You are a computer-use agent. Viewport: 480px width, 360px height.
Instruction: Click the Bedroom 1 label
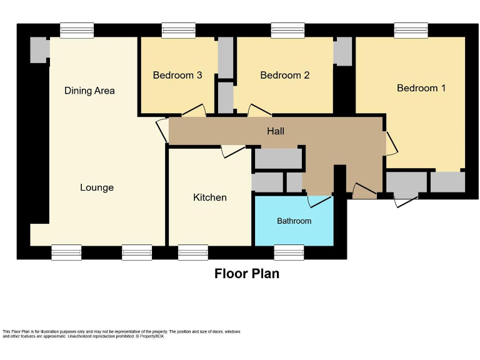tap(421, 88)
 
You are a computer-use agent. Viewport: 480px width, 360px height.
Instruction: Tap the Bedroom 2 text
tap(285, 75)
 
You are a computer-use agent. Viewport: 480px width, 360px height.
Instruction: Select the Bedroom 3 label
tap(177, 75)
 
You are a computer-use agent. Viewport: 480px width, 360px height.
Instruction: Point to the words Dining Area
tap(89, 91)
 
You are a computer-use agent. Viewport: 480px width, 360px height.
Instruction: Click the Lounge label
tap(97, 187)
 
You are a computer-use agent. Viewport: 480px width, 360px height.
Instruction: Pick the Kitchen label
tap(210, 197)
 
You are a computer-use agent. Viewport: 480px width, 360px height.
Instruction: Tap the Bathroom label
tap(294, 221)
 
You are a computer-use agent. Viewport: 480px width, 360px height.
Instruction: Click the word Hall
tap(276, 131)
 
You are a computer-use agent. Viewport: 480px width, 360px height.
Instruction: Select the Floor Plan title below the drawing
tap(247, 274)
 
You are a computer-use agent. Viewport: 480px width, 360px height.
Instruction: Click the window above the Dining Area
tap(77, 30)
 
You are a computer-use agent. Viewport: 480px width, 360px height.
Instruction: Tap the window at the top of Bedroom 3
tap(178, 30)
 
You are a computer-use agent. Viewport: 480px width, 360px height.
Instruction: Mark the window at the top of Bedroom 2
tap(287, 30)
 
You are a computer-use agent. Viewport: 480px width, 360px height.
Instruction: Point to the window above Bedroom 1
tap(411, 30)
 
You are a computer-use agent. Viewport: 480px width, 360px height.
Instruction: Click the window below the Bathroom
tap(289, 252)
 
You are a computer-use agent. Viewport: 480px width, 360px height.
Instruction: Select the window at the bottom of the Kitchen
tap(193, 252)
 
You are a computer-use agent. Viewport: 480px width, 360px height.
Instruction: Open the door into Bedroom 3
tap(194, 110)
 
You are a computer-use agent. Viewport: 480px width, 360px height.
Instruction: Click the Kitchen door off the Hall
tap(233, 151)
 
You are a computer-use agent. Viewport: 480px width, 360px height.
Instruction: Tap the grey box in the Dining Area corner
tap(39, 50)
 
